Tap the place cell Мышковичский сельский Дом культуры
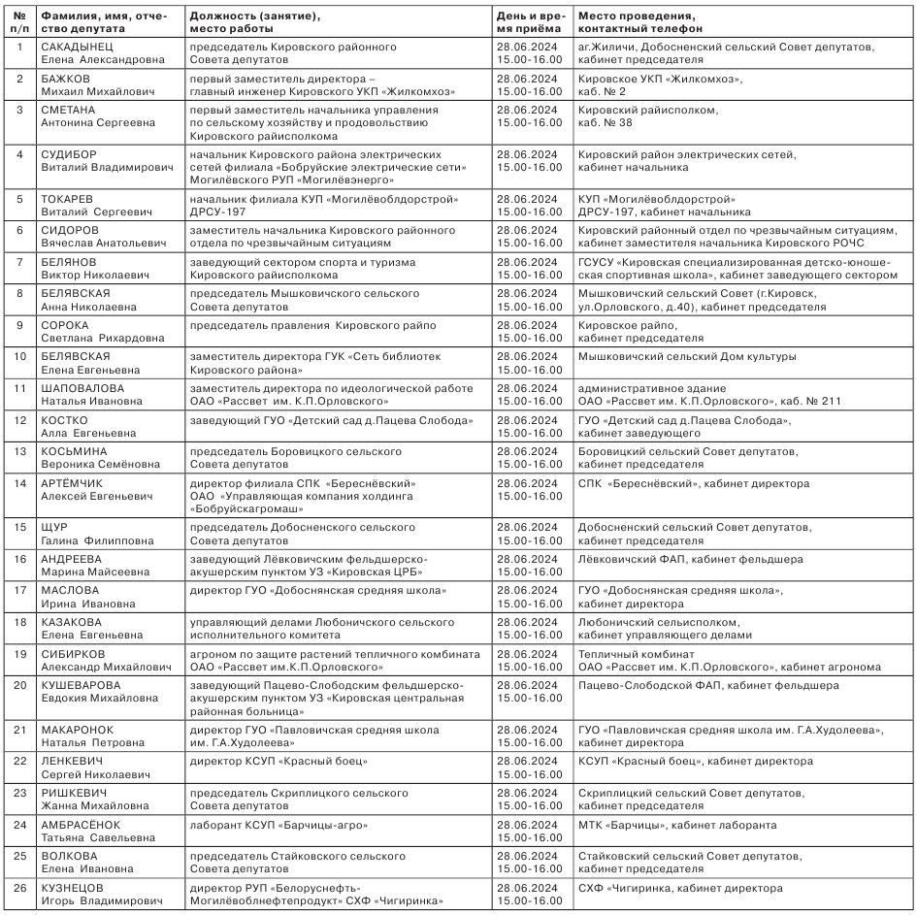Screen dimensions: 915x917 pos(687,356)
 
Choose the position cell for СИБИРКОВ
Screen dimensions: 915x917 pos(335,660)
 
